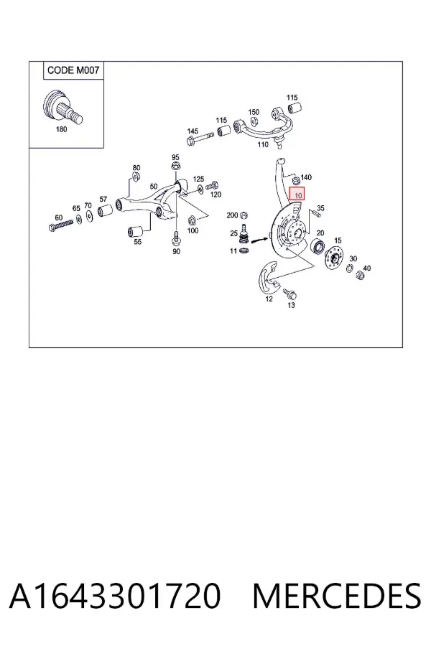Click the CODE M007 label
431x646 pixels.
click(73, 70)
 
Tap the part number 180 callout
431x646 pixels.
click(61, 129)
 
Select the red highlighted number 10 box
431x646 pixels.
click(297, 194)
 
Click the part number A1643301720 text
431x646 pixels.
click(115, 596)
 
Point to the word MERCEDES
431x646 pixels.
click(337, 596)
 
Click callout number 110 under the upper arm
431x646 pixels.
click(263, 144)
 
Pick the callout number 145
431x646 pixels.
click(193, 131)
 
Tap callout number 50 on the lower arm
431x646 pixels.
click(154, 186)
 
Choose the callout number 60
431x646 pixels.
click(59, 217)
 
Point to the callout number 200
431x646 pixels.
click(232, 215)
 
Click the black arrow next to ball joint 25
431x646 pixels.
click(259, 239)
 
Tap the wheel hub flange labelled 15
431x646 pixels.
click(334, 259)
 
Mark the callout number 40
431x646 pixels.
click(366, 268)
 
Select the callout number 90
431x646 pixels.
click(176, 251)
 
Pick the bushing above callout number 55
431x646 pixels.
click(135, 232)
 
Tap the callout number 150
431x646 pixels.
click(254, 112)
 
